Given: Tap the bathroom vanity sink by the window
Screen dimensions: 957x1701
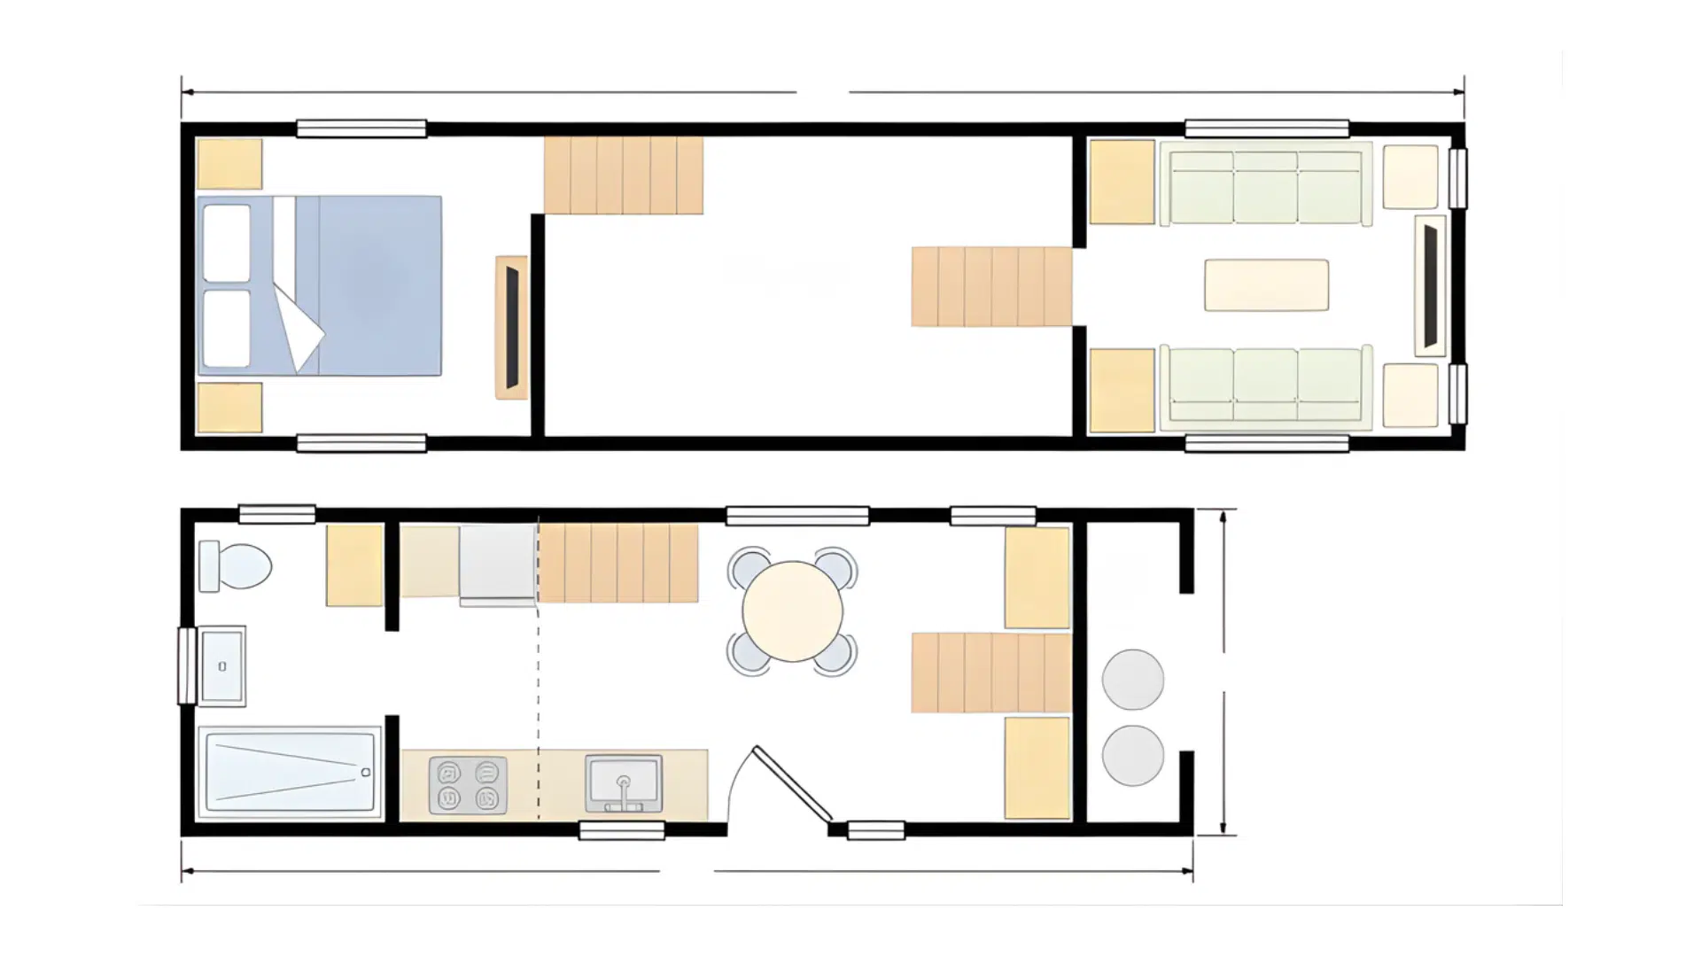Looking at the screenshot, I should [x=222, y=665].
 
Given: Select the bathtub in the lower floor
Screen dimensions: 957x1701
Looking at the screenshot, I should [x=289, y=772].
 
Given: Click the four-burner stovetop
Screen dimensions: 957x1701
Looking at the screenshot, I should [x=468, y=785].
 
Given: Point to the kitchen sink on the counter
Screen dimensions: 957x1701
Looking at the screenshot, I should [x=624, y=782].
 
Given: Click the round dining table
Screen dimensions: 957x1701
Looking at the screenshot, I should [x=792, y=611].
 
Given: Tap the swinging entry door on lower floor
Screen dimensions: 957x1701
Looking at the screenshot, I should [x=791, y=783].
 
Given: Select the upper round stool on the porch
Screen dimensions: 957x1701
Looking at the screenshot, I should [x=1132, y=679].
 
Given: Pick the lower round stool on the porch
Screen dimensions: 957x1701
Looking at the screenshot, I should [x=1132, y=755].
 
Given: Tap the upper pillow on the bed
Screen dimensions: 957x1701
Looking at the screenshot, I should [x=227, y=244].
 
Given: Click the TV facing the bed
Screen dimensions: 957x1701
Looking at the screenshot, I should [x=512, y=327].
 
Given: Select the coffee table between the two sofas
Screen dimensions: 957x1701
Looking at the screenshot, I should [x=1266, y=285].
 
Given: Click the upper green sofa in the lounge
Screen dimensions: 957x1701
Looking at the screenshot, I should [x=1265, y=187].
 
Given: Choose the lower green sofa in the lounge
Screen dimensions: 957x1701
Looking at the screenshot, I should [x=1265, y=386].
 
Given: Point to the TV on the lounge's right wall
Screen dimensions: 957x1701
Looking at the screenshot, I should [x=1430, y=285].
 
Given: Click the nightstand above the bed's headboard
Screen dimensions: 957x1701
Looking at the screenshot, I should [x=229, y=164].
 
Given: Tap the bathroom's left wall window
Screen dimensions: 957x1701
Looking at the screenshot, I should [x=186, y=665].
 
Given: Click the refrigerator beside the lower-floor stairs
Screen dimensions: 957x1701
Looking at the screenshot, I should [x=498, y=564].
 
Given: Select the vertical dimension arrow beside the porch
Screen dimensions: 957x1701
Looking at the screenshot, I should [x=1223, y=673].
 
